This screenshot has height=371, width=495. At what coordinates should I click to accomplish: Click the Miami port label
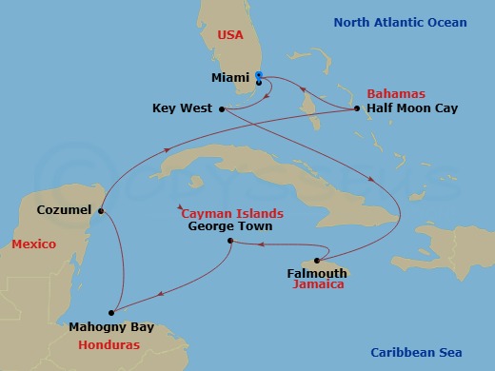(x=229, y=78)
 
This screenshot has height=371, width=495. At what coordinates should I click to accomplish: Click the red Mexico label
(x=33, y=244)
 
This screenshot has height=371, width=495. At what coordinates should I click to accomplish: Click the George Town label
(x=230, y=226)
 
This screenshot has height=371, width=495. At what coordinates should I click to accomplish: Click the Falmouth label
(x=317, y=272)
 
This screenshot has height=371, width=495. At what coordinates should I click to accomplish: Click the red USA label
(x=231, y=35)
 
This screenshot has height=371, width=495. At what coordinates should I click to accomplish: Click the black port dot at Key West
(x=221, y=108)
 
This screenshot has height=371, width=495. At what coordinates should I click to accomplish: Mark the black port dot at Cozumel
(x=101, y=210)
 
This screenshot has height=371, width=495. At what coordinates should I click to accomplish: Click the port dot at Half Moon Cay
(x=356, y=108)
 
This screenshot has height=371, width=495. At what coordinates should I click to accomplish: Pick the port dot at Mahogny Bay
(x=111, y=310)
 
